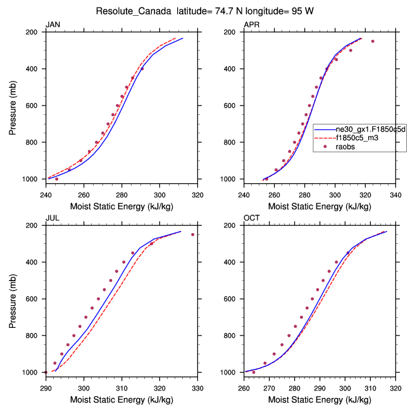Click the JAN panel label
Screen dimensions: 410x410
coord(52,25)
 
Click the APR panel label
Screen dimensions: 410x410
coord(251,25)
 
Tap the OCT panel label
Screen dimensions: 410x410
coord(252,218)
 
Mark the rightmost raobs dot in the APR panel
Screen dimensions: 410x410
coord(373,41)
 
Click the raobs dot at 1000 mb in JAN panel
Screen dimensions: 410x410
coord(57,179)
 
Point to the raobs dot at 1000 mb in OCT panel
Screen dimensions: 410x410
coord(254,372)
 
